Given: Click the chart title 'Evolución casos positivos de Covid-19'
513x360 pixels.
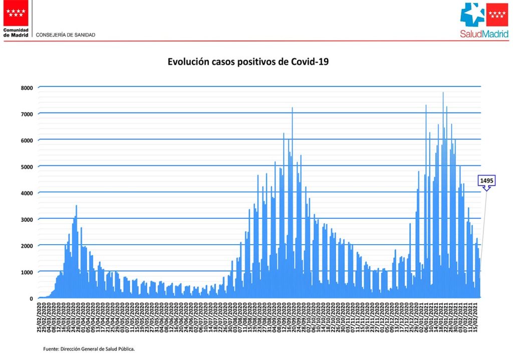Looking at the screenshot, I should tap(248, 62).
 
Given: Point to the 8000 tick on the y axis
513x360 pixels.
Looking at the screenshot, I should tap(27, 88).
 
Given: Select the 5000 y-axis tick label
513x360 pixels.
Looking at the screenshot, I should tap(27, 167).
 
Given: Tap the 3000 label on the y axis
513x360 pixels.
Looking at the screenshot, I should tap(27, 220).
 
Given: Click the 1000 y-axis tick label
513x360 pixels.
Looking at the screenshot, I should tap(27, 272).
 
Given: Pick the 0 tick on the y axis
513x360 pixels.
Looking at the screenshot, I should tap(31, 298).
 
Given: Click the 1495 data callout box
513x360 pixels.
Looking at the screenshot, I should tap(487, 181).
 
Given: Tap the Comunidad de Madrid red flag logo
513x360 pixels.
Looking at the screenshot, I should tap(16, 13).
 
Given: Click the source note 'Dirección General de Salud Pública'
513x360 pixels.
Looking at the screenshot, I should tap(97, 348).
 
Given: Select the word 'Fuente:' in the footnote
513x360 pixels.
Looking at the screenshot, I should tap(51, 348).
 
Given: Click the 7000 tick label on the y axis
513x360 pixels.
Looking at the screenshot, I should tap(27, 114).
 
